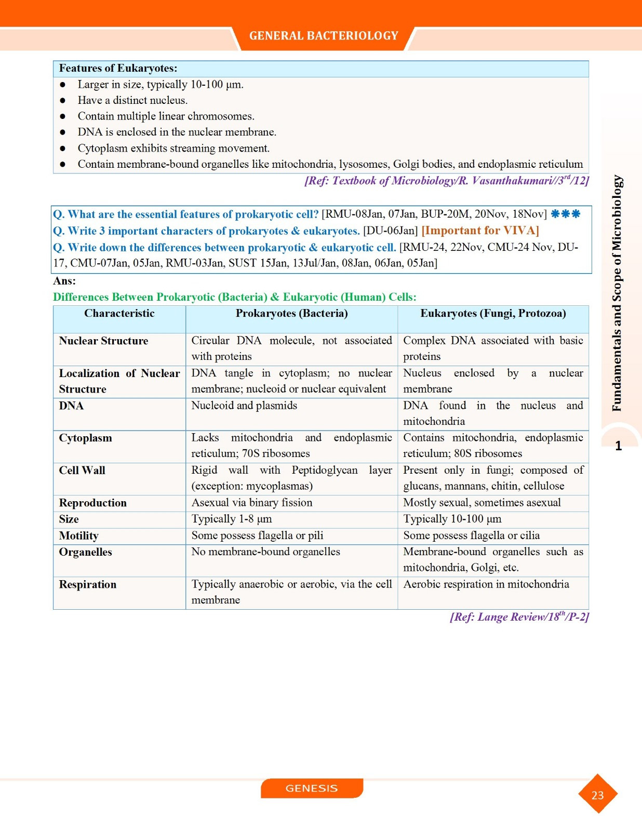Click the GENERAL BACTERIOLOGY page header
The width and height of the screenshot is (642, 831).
(x=323, y=36)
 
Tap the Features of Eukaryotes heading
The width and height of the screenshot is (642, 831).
(x=118, y=69)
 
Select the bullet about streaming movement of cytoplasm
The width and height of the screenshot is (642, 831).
(x=173, y=149)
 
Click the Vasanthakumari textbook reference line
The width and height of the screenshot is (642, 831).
(x=446, y=181)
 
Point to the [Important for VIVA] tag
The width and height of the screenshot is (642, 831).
(x=480, y=231)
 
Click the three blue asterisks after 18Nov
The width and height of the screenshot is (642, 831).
(x=565, y=214)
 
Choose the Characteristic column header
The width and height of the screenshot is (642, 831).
(x=119, y=314)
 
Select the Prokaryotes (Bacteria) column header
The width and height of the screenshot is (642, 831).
(x=291, y=314)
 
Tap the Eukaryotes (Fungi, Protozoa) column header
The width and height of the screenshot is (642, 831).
(x=493, y=314)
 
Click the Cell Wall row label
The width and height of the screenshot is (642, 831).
(x=82, y=471)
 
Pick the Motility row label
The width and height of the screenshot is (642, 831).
(x=78, y=536)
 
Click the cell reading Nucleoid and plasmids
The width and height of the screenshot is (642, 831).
(x=244, y=406)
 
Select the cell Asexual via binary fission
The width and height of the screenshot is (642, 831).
(x=252, y=503)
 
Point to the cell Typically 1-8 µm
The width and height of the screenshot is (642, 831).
(x=232, y=519)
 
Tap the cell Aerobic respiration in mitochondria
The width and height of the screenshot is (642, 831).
(x=486, y=584)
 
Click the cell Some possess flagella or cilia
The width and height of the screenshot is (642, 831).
(x=471, y=535)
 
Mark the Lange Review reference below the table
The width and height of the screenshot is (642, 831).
(x=519, y=617)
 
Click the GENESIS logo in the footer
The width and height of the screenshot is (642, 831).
(x=312, y=788)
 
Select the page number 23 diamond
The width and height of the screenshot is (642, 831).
(x=597, y=795)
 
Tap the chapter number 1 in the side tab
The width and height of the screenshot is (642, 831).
(x=618, y=446)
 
